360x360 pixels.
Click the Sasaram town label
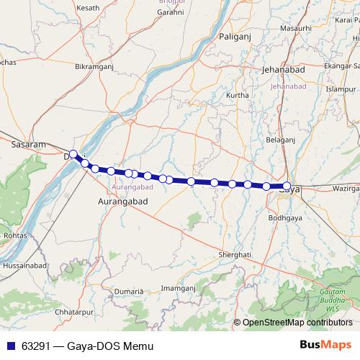click(x=30, y=144)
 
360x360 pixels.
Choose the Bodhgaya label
click(x=284, y=217)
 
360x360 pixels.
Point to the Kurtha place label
click(x=238, y=95)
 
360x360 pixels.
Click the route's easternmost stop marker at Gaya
click(x=287, y=186)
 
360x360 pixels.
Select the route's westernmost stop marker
click(x=73, y=153)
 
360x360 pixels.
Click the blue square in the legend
click(x=10, y=346)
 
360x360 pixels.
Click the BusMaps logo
click(x=325, y=346)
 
